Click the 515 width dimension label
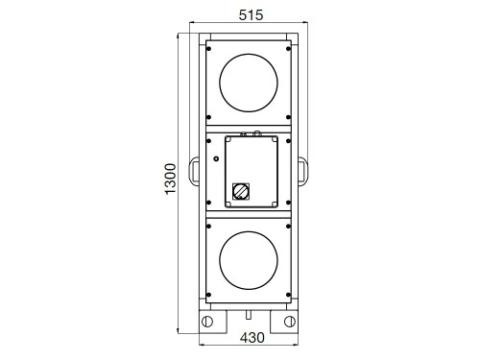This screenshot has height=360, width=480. [x=251, y=15]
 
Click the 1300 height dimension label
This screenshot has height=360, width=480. [x=170, y=179]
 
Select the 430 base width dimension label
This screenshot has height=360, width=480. [x=252, y=338]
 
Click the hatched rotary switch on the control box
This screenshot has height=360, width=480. [x=241, y=191]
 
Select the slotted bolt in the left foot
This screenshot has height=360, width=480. [x=207, y=322]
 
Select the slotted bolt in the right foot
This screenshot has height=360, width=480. [x=290, y=322]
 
